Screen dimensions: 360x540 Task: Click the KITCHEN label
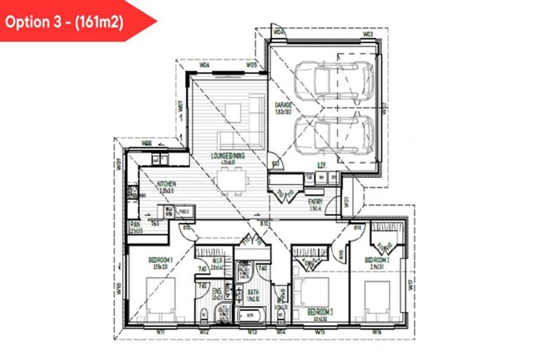click(167, 184)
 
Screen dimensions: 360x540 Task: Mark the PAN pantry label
click(136, 224)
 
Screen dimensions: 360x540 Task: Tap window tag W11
click(161, 330)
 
